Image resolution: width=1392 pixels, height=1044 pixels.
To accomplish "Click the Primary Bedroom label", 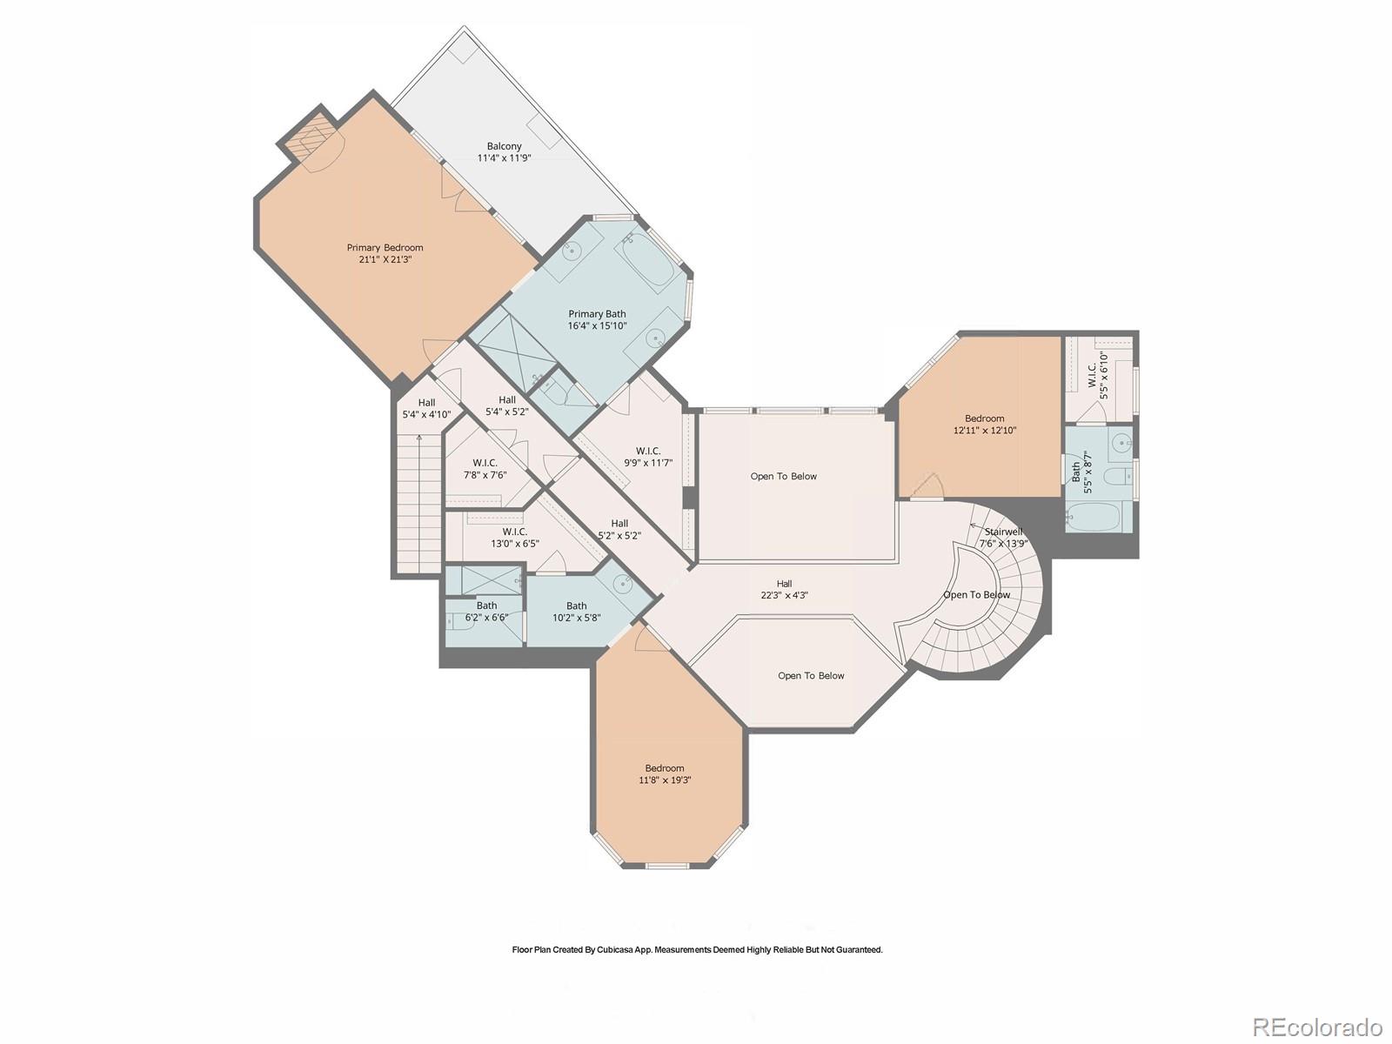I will click(x=385, y=253).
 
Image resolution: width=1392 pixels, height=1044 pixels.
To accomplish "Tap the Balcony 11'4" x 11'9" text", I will click(x=504, y=152).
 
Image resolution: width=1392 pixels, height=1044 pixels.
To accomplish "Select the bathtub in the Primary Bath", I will click(x=646, y=258).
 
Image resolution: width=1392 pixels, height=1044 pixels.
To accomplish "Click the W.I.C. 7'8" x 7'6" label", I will click(x=485, y=468).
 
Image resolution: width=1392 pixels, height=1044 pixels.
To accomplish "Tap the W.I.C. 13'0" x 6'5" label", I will click(x=514, y=538).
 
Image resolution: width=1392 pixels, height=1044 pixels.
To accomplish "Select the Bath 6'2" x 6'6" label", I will click(x=486, y=612).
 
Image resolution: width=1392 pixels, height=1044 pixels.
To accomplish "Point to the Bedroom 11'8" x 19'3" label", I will click(x=665, y=774).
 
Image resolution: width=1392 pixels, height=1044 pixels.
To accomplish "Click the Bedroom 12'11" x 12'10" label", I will click(x=985, y=424).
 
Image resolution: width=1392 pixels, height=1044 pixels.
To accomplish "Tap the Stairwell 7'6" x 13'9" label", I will click(x=1003, y=538).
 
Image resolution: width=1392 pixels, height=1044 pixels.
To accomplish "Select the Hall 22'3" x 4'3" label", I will click(x=784, y=590).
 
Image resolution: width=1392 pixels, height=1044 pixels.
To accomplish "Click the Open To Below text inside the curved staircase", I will click(x=977, y=595).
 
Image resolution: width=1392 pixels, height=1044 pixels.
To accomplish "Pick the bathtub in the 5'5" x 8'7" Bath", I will click(x=1094, y=518).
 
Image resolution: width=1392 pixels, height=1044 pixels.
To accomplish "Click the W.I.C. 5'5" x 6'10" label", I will click(x=1098, y=375).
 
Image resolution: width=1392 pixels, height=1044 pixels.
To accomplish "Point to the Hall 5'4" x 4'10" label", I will click(x=426, y=409).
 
